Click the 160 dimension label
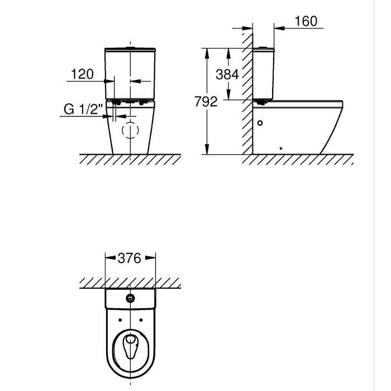[306, 21]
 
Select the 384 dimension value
[227, 74]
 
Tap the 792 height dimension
[206, 102]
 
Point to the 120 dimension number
[82, 74]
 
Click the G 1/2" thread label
[83, 109]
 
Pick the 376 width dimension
[130, 258]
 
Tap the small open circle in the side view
[260, 123]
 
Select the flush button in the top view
[130, 298]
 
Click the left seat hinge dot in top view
[120, 320]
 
